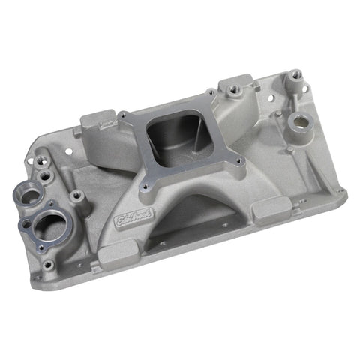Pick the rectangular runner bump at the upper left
pyautogui.click(x=97, y=121)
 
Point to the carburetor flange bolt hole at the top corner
pyautogui.click(x=211, y=94)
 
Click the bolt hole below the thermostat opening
pyautogui.click(x=50, y=264)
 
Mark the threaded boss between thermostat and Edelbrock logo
pyautogui.click(x=76, y=196)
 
